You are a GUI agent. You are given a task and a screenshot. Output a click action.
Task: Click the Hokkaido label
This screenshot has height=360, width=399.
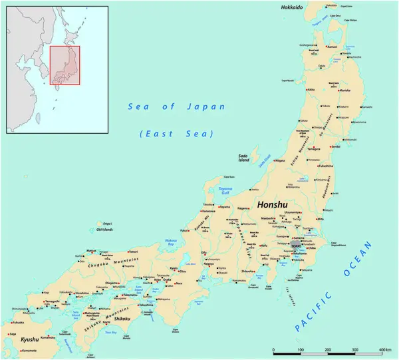point(291,7)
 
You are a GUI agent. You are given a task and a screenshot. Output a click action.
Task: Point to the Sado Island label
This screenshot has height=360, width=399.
point(243,158)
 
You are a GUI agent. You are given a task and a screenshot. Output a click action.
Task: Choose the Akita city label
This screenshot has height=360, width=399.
point(311,89)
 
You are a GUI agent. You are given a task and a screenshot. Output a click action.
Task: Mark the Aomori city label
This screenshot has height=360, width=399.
point(332,47)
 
